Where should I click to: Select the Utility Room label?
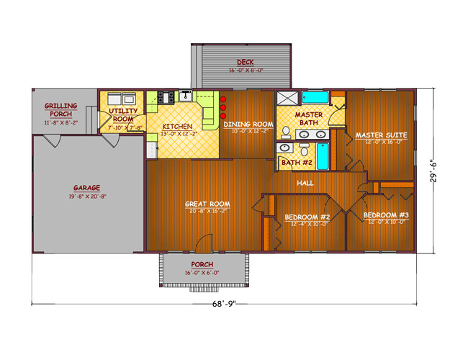point(123,114)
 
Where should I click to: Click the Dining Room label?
point(247,125)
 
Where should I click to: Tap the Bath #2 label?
point(295,162)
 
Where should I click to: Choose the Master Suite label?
point(381,135)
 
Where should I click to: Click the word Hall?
point(306,184)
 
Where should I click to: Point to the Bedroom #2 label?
point(307,217)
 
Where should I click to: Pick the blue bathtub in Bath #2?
point(323,156)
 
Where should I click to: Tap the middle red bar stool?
point(224,108)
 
